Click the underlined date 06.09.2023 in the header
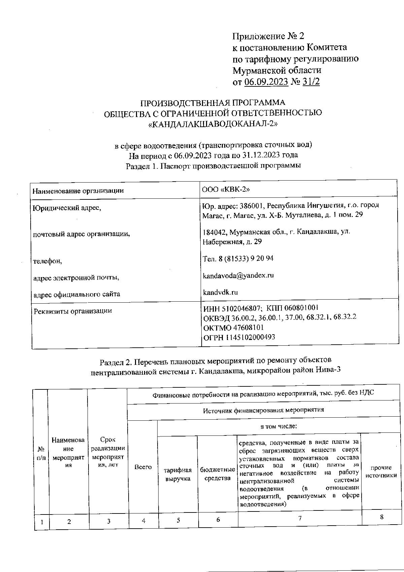[266, 82]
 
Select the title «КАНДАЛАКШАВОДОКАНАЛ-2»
[213, 124]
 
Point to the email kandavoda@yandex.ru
[238, 275]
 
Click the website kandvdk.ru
[220, 292]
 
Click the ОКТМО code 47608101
[247, 327]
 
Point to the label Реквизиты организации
[73, 311]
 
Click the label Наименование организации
[78, 191]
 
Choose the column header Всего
[143, 467]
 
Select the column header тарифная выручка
[178, 474]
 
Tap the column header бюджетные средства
[217, 473]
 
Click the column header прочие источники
[381, 471]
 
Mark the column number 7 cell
[299, 518]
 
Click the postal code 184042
[214, 232]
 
